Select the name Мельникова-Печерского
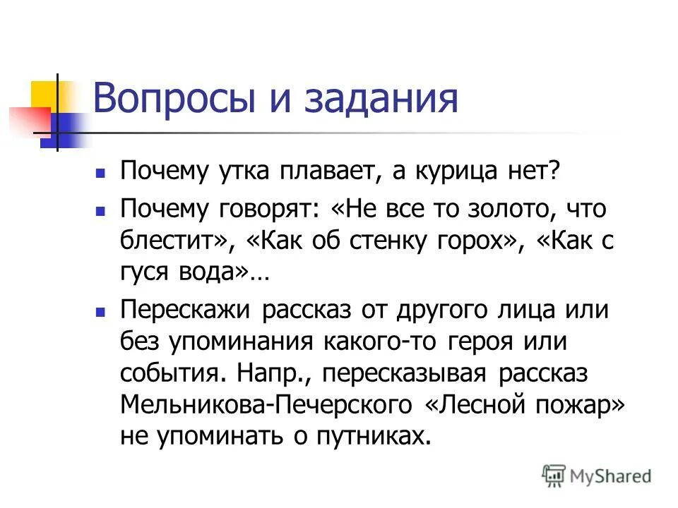266,405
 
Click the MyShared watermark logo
596,475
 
